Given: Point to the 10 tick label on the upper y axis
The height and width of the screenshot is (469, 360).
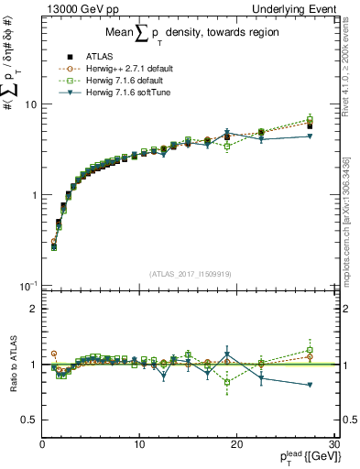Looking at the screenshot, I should (29, 104).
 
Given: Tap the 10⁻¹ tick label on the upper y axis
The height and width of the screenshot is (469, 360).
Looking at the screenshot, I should (27, 285).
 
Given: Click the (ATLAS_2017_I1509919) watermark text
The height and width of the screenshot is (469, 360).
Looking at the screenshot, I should (190, 272).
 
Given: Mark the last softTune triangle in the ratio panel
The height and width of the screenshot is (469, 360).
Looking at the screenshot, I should (310, 385).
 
